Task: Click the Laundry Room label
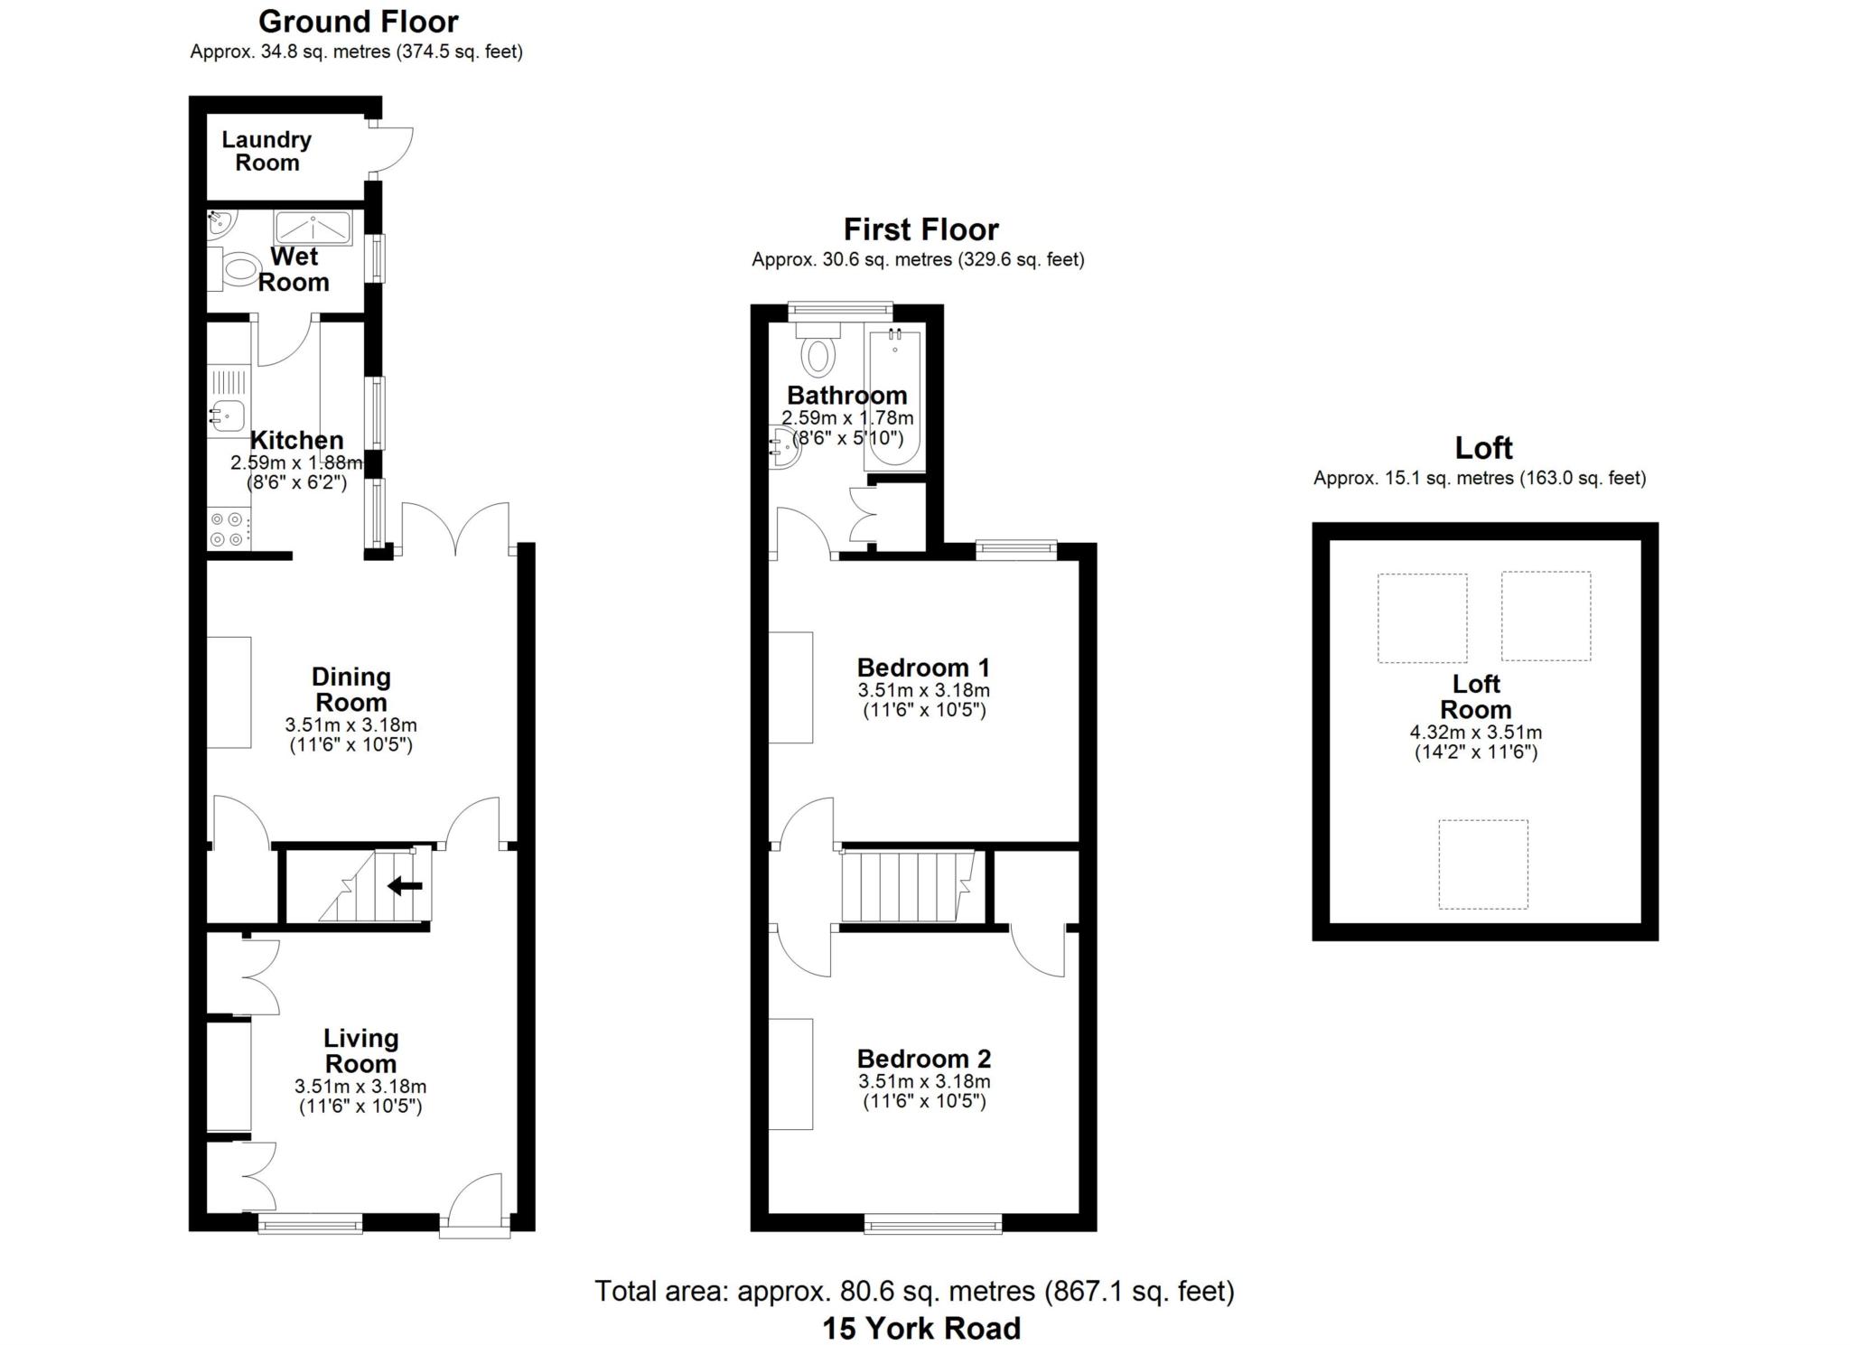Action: [x=266, y=152]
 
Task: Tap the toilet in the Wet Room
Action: [x=239, y=268]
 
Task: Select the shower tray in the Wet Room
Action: [x=313, y=227]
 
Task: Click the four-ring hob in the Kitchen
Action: [x=226, y=529]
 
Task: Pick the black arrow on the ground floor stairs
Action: [x=405, y=886]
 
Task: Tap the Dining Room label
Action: [x=350, y=689]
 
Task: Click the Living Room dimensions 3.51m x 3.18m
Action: [x=360, y=1087]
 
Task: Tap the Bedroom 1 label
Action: [x=923, y=668]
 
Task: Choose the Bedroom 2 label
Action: [x=924, y=1059]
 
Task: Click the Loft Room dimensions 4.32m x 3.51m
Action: [x=1475, y=733]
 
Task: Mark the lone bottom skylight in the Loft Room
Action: [x=1482, y=864]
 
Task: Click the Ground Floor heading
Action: [x=358, y=22]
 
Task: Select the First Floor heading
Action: [x=920, y=229]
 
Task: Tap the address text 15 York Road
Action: [x=921, y=1328]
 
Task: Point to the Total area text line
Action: [x=914, y=1292]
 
